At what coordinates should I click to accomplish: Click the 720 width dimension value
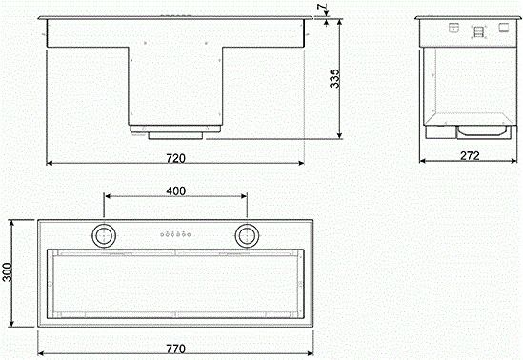tap(175, 156)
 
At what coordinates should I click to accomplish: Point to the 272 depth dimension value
tap(468, 155)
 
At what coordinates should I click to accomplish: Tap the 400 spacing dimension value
tap(175, 190)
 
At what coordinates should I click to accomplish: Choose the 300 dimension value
tap(9, 274)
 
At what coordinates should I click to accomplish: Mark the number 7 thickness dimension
tap(327, 9)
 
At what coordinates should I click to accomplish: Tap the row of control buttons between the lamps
tap(175, 232)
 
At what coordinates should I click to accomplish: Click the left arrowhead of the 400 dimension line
tap(108, 198)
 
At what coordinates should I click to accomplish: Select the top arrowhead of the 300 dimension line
tap(12, 220)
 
